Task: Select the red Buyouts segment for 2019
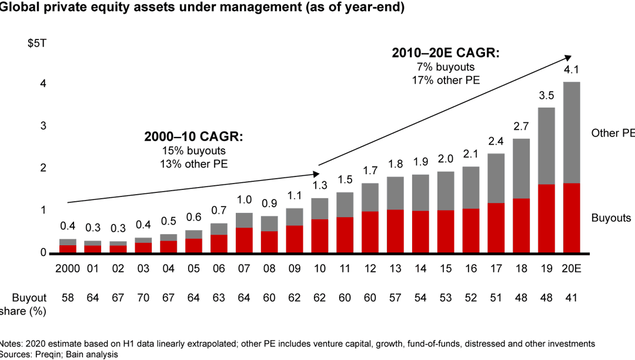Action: point(546,218)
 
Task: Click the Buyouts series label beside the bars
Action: point(611,218)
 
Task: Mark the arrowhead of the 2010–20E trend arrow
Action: point(569,57)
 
